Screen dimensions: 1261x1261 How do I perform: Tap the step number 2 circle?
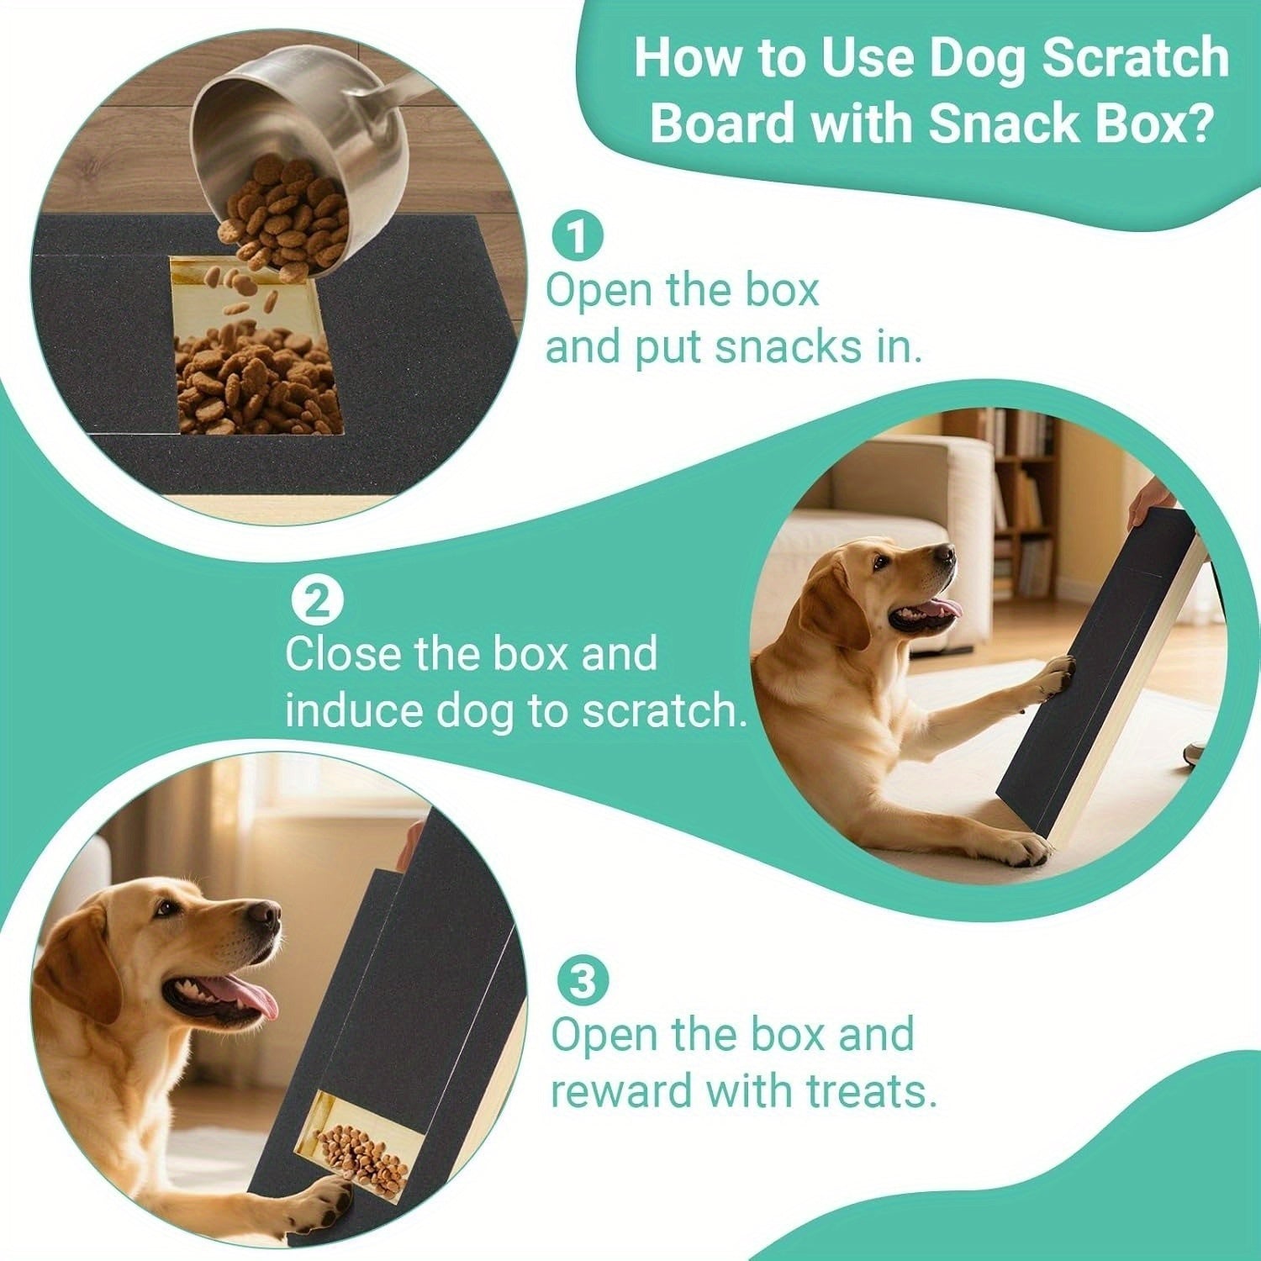pos(316,603)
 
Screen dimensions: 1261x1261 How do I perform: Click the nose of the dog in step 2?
pos(945,555)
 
